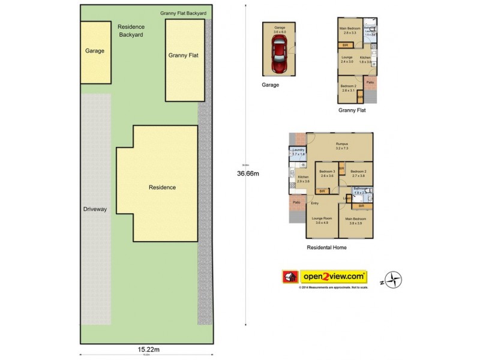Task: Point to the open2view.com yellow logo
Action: (334, 277)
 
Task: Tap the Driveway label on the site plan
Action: (95, 209)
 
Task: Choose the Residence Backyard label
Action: (130, 31)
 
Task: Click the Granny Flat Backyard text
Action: (184, 13)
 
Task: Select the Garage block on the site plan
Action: (95, 52)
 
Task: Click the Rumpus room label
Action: (341, 146)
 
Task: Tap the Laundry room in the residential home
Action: (298, 152)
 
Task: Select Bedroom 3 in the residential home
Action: (326, 174)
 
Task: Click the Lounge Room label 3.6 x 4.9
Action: (322, 220)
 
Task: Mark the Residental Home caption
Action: (326, 247)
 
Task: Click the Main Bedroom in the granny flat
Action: (350, 31)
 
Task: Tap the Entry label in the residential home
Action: (314, 203)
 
